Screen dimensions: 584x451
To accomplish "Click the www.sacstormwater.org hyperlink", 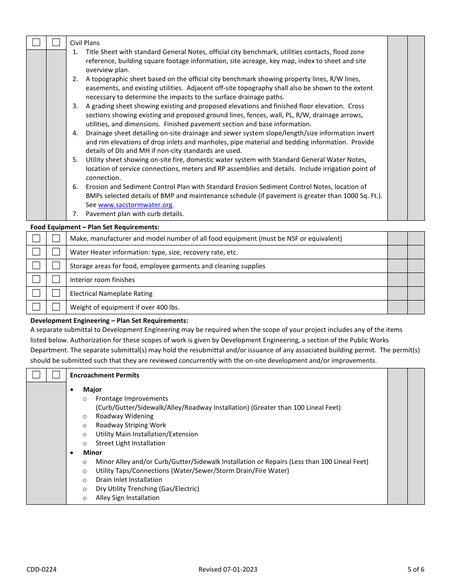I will tap(135, 205).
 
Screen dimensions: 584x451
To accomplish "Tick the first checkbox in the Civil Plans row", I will tap(36, 42).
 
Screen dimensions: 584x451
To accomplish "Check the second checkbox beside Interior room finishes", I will tap(56, 279).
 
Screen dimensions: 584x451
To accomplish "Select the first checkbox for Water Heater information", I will tap(36, 252).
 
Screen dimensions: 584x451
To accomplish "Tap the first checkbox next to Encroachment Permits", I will tap(36, 375).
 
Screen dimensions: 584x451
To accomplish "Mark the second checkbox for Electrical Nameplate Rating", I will tap(56, 293).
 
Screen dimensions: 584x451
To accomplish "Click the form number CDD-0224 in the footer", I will tap(41, 569).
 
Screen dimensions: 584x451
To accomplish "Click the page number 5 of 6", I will tap(415, 569).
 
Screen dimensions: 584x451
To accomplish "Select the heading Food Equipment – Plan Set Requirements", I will tap(95, 227).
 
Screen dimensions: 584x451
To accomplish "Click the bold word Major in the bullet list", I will tap(92, 389).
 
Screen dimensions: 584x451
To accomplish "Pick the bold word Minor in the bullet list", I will tap(93, 452).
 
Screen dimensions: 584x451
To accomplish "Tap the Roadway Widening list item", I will tap(124, 416).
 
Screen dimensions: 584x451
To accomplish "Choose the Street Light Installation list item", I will tap(130, 443).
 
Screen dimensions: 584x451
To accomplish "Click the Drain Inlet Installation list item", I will tap(129, 480).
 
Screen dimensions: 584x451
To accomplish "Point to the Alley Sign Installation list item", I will tap(127, 498).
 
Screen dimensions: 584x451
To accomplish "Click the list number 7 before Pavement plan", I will tap(75, 214).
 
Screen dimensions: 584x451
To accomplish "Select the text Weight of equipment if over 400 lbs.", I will tap(124, 307).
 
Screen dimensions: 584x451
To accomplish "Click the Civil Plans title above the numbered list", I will tap(85, 43).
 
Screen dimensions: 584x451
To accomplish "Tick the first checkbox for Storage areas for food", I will tap(36, 265).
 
